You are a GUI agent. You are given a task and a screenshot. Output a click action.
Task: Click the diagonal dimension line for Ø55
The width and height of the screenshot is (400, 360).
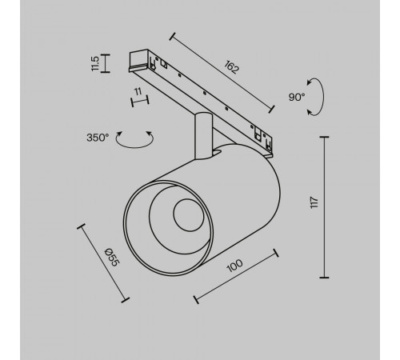point(102,262)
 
